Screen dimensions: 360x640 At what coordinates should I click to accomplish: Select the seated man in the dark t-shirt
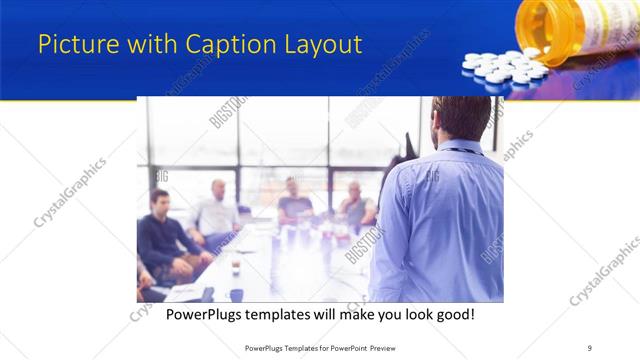(x=294, y=200)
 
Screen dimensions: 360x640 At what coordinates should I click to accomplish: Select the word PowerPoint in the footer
(x=340, y=348)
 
